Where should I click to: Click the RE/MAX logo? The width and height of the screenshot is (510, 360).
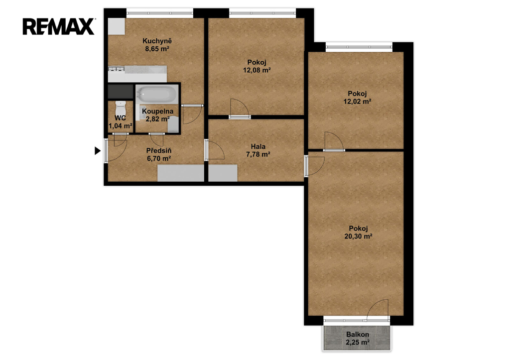pos(59,27)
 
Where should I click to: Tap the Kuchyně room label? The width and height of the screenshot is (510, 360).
pos(157,41)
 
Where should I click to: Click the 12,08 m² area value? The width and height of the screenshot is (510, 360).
pos(257,70)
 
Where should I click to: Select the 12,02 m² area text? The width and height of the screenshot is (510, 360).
pos(358,101)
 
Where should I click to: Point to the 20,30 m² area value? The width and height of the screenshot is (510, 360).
pos(359,237)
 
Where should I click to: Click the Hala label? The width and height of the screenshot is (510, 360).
pos(258,146)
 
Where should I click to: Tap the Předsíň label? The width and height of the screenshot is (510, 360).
pos(159,150)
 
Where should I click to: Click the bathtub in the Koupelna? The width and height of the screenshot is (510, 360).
pos(157,94)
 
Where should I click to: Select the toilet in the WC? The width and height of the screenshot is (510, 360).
pos(121,108)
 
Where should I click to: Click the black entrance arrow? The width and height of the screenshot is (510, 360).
pos(98,151)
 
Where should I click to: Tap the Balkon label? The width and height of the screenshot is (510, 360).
pos(358,334)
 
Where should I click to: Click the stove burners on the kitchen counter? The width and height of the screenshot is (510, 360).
pos(117,69)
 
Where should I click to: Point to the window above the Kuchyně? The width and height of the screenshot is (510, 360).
pos(160,13)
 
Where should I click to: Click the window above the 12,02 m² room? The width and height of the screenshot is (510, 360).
pos(359,47)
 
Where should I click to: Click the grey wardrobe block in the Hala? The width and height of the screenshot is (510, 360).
pos(223,173)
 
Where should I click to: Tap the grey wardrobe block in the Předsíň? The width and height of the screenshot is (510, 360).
pos(181,173)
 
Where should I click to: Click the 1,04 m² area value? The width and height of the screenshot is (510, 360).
pos(121,126)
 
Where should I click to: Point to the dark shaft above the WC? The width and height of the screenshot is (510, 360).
pos(121,92)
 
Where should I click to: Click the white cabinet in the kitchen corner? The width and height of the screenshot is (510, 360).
pos(117,26)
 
